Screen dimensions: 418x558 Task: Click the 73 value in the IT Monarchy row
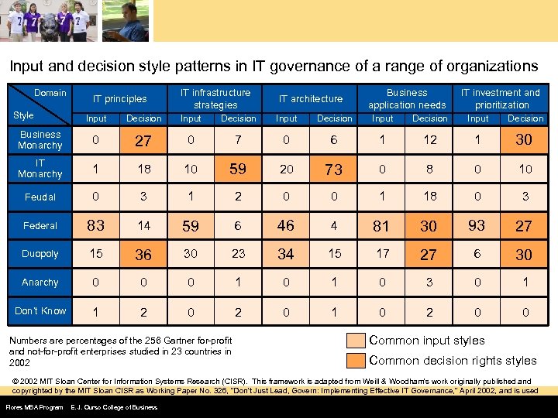[334, 170]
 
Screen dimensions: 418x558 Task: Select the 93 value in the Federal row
[477, 225]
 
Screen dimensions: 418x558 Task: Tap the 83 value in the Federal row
[96, 225]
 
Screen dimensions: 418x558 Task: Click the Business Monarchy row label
[40, 140]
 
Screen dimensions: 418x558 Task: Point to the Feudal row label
[40, 197]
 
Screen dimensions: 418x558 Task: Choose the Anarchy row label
[40, 283]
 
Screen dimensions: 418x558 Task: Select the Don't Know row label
[40, 311]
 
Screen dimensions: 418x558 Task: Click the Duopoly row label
[40, 254]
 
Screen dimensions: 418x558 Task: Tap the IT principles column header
[120, 99]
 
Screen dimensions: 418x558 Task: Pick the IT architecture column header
[311, 99]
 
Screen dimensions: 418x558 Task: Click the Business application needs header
[407, 98]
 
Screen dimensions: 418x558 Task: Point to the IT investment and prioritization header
[501, 98]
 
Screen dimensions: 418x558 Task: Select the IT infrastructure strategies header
[215, 98]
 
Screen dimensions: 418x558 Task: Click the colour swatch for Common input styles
[356, 341]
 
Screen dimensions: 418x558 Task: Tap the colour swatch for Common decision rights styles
[356, 360]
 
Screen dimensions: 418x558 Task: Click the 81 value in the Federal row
[381, 226]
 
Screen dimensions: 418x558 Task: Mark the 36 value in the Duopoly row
[143, 255]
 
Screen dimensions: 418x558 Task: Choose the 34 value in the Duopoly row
[286, 254]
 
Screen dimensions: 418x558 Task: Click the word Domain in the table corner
[50, 93]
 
